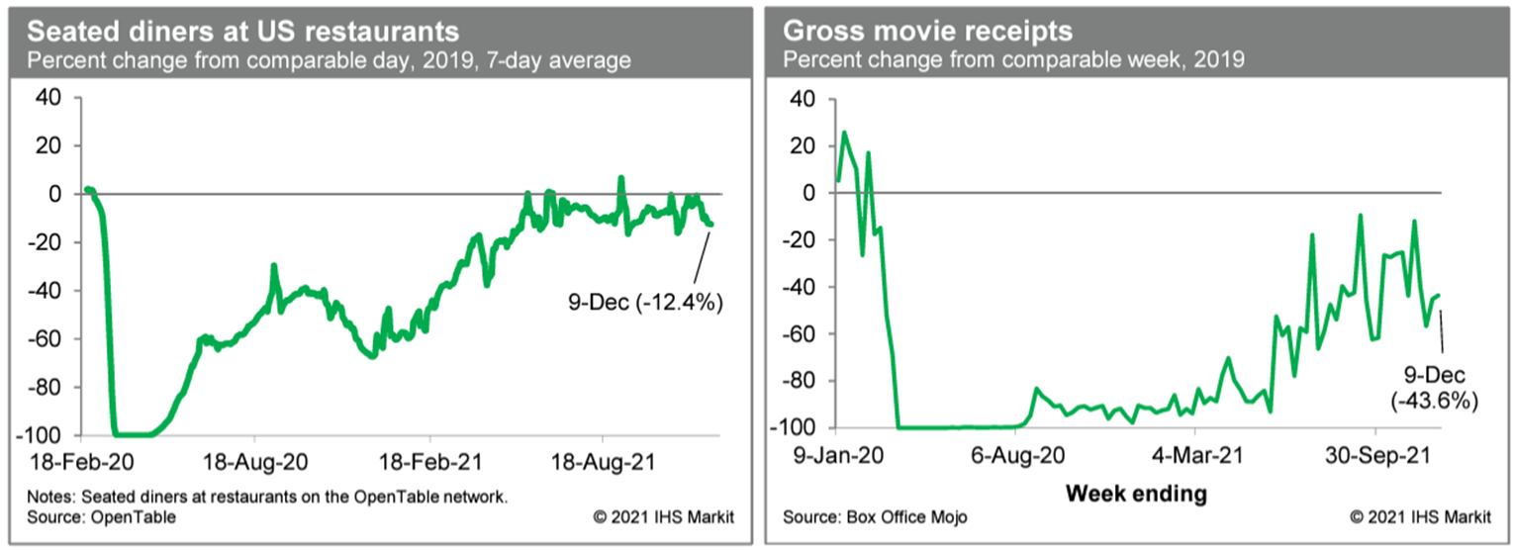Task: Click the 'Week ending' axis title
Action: (1136, 492)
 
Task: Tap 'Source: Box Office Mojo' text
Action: (875, 517)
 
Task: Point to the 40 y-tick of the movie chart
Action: (803, 99)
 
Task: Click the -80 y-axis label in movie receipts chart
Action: (798, 381)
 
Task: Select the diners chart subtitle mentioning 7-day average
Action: (329, 61)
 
